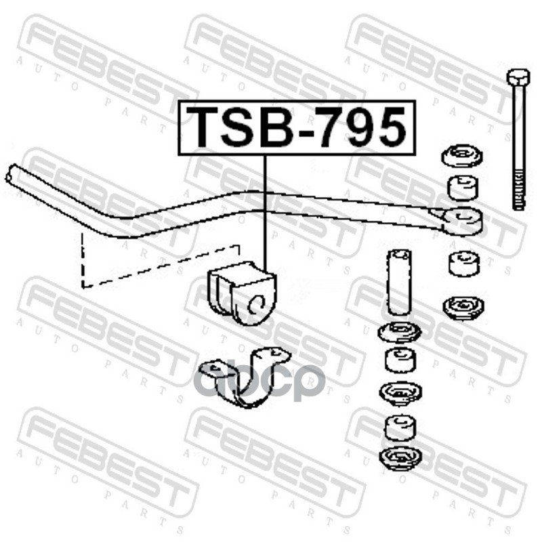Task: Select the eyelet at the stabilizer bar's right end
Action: coord(463,219)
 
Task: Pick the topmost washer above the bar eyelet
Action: coord(463,158)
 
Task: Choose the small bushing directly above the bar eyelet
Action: coord(463,187)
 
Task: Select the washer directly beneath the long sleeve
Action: coord(399,334)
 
